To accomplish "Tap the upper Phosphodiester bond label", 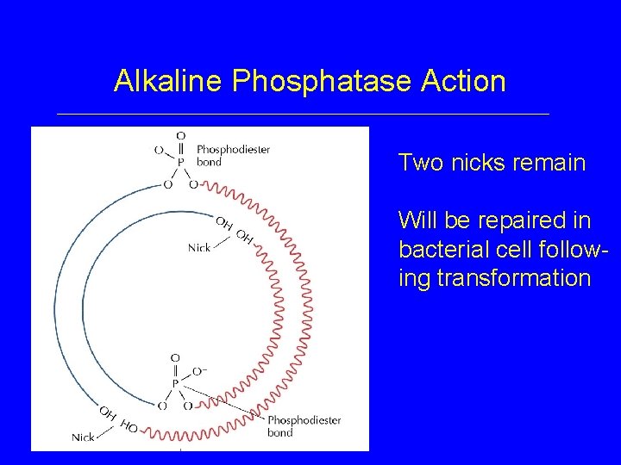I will pos(233,155).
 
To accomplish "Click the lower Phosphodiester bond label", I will pos(304,426).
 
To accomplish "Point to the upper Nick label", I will pos(199,248).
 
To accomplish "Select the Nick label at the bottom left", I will pos(83,437).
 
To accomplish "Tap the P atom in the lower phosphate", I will pos(175,384).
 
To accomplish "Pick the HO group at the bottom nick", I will pos(129,425).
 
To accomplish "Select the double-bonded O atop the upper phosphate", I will pos(180,135).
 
